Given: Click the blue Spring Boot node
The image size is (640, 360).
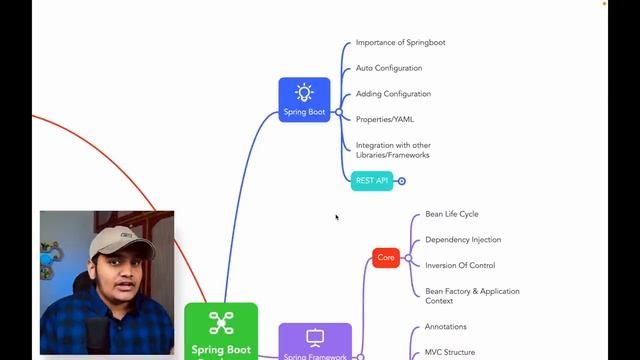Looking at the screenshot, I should pyautogui.click(x=304, y=100).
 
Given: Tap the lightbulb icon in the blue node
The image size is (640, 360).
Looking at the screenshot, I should pyautogui.click(x=304, y=93).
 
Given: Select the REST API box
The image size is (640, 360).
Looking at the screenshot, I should pyautogui.click(x=372, y=181).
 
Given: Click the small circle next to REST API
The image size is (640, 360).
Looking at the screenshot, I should pyautogui.click(x=402, y=181).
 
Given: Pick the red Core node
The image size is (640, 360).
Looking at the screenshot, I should pyautogui.click(x=386, y=258).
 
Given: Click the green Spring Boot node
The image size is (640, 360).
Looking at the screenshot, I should pyautogui.click(x=221, y=331).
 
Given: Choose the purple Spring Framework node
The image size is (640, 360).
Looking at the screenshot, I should pyautogui.click(x=315, y=341).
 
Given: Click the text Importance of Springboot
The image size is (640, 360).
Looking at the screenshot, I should pyautogui.click(x=400, y=43).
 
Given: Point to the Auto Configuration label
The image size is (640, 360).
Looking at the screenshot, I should pyautogui.click(x=389, y=68).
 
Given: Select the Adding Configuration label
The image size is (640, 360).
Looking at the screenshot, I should pyautogui.click(x=393, y=94).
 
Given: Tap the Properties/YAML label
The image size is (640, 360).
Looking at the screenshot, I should pyautogui.click(x=385, y=119).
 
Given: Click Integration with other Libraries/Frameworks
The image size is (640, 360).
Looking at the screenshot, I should pyautogui.click(x=393, y=150).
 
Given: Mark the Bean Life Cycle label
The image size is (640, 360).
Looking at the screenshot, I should pyautogui.click(x=452, y=214).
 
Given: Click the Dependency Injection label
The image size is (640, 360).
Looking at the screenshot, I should pyautogui.click(x=463, y=240).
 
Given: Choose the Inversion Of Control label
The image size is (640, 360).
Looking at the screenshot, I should pyautogui.click(x=459, y=265).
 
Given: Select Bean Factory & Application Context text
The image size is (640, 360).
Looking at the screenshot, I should pyautogui.click(x=472, y=296).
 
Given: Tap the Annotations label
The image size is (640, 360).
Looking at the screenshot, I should pyautogui.click(x=445, y=327).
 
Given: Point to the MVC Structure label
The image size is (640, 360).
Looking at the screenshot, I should pyautogui.click(x=449, y=352).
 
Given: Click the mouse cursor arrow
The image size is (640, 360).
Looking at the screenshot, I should pyautogui.click(x=337, y=217).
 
